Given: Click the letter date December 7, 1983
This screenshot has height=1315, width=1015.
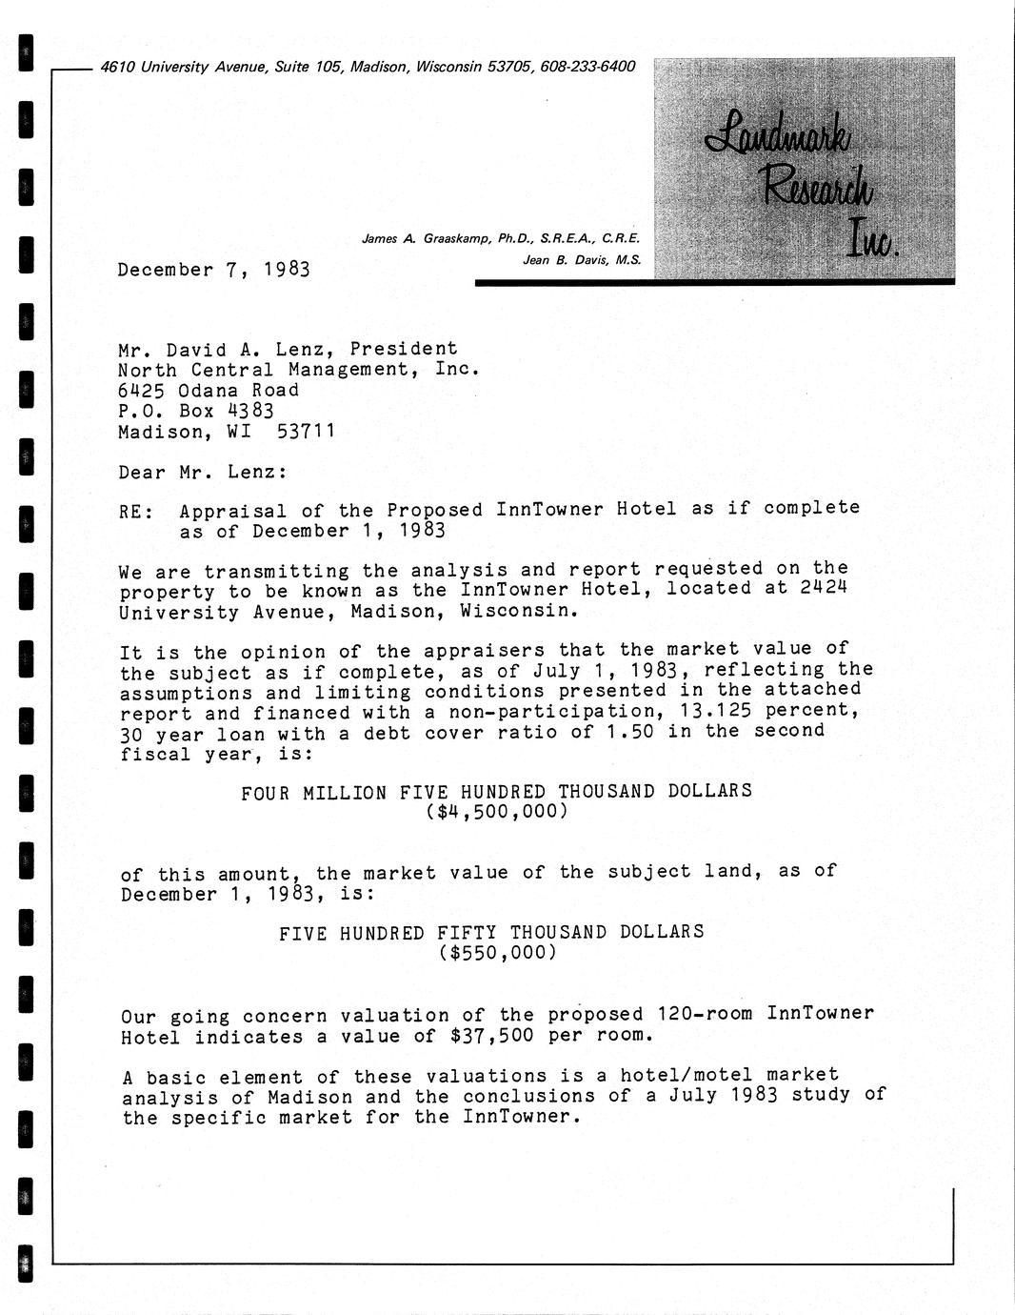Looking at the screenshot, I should click(214, 270).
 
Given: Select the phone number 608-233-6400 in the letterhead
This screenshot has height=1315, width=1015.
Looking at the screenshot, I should click(587, 67).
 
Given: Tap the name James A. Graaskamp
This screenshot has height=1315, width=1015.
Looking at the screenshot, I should click(428, 238).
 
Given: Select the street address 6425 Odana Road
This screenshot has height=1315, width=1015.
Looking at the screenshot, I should click(209, 390).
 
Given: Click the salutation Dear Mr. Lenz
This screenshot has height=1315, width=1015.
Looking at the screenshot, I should click(203, 472).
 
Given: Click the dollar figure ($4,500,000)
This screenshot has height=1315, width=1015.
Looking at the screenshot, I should click(497, 812).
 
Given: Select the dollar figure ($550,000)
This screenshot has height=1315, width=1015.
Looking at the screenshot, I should click(497, 952).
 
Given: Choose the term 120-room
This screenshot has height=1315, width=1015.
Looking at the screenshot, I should click(706, 1014).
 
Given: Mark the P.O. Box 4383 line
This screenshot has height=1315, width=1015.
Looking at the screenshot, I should click(196, 411).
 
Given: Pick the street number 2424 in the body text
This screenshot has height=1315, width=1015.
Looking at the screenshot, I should click(824, 589).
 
